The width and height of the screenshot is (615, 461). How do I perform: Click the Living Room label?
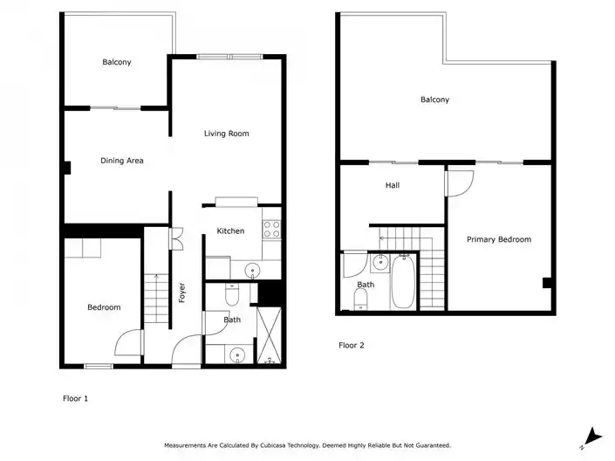pos(226,134)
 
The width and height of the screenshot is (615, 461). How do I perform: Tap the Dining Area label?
pos(122,161)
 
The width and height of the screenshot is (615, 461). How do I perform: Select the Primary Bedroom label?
pos(499,239)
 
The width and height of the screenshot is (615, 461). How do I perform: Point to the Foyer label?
pos(181,292)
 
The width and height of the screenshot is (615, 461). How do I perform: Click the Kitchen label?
pos(230,230)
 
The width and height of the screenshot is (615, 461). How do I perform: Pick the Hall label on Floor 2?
pos(393,185)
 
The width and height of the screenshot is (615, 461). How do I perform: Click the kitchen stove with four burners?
pos(271,230)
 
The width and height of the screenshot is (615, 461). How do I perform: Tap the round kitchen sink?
pos(252,271)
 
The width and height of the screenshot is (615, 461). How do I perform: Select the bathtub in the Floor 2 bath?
pos(403,281)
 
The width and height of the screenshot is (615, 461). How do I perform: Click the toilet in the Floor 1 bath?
pos(232,294)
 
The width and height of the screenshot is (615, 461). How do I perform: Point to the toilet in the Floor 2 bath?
pos(360,299)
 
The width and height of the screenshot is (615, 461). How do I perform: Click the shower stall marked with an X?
pos(269,336)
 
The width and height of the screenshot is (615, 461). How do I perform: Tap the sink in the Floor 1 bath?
pos(237,355)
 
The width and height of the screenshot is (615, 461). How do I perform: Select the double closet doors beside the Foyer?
pos(176,238)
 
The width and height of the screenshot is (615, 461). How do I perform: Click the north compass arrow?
pos(591,437)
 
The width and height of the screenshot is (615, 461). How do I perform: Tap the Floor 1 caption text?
pos(75,398)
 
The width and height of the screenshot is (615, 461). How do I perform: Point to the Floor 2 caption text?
pos(352,346)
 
